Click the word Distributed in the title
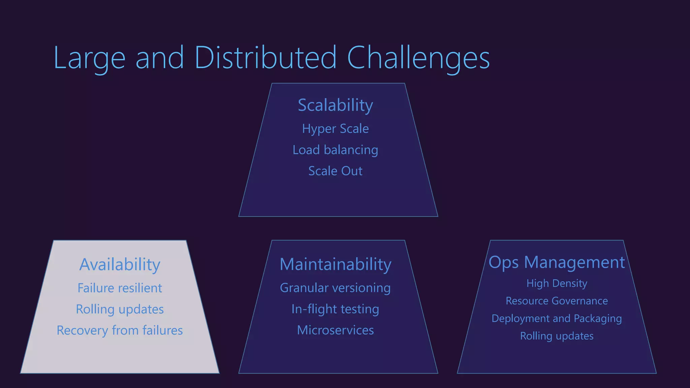265,58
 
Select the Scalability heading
335,105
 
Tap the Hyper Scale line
335,129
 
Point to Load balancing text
335,150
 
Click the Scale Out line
335,171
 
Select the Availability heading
120,264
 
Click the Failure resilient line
120,288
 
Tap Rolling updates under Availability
120,309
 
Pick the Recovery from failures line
120,330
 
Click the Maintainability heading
335,264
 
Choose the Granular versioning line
335,288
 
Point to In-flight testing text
335,309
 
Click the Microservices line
335,330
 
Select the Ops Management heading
557,262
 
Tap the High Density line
557,283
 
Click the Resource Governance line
557,301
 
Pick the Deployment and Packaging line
557,318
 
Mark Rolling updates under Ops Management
557,336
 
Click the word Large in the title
89,58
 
